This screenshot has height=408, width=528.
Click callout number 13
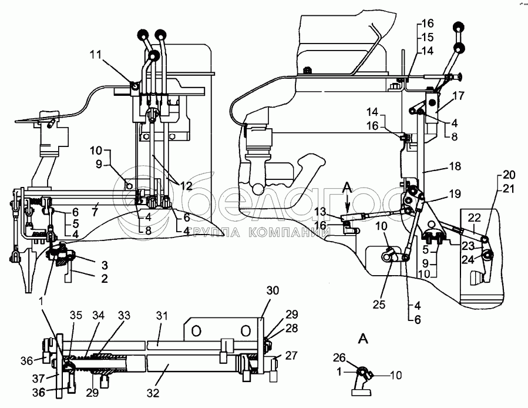tap(336, 212)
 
